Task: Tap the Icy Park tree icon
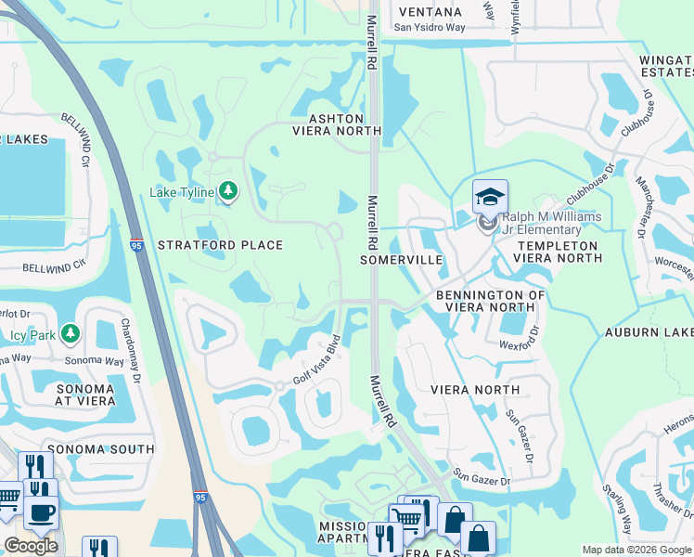click(x=71, y=332)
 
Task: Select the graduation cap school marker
click(x=489, y=197)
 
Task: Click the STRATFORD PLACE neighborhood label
click(x=220, y=245)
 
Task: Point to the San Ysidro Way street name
click(x=428, y=27)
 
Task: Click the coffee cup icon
click(x=39, y=511)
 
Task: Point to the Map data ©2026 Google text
click(x=635, y=550)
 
